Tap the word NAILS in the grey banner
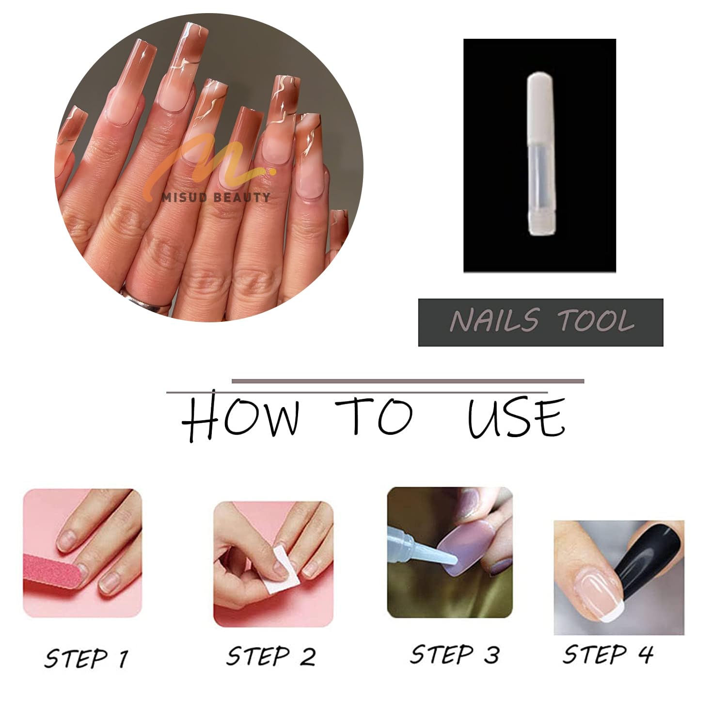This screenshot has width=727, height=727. click(494, 320)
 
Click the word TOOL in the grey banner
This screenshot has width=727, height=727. click(596, 320)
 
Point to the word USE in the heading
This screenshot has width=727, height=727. click(517, 417)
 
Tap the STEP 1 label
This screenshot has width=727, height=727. click(87, 658)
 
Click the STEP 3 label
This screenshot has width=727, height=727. click(455, 654)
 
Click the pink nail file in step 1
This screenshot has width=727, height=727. click(52, 576)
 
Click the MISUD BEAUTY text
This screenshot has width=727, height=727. click(216, 197)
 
